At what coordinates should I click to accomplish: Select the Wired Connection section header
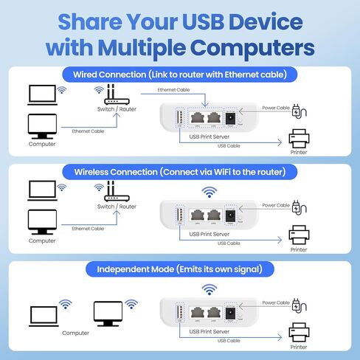tap(179, 74)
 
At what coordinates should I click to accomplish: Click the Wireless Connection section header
tap(179, 171)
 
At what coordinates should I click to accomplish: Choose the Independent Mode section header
tap(179, 269)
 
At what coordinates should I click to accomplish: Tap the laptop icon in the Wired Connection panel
tap(41, 93)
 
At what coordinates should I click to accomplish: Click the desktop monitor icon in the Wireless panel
tap(41, 222)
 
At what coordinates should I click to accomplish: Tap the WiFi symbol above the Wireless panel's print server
tap(210, 193)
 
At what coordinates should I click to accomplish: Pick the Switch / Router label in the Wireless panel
tap(117, 207)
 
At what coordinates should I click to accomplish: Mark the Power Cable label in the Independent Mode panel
tap(276, 302)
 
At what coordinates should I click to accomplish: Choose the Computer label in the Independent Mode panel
tap(75, 333)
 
